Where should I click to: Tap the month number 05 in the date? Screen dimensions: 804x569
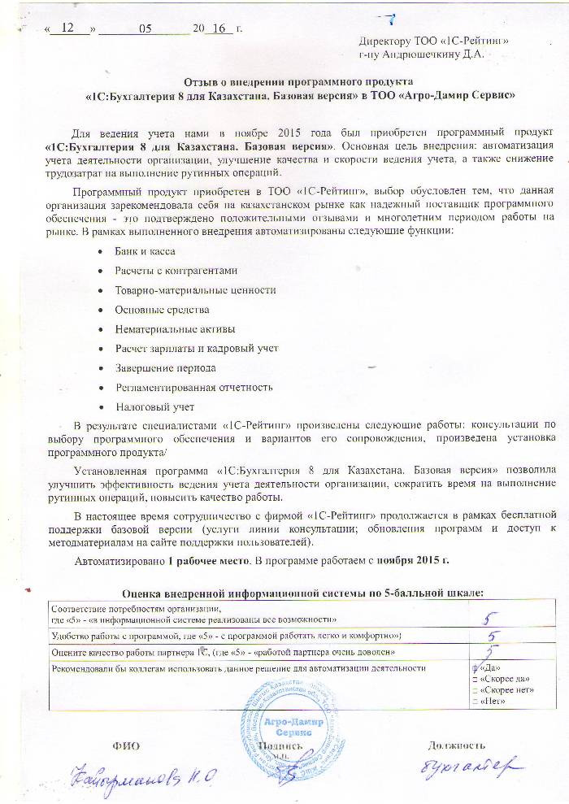tap(146, 28)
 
